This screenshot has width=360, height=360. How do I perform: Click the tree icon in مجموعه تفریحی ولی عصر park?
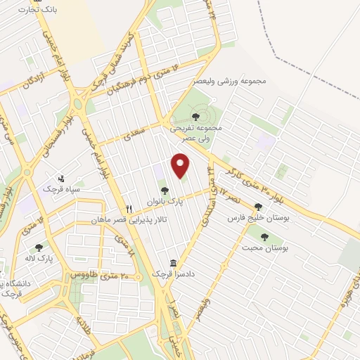pos(196,117)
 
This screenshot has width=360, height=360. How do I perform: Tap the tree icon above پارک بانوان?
pos(164,191)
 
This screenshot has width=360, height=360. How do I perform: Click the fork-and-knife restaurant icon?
pos(129,209)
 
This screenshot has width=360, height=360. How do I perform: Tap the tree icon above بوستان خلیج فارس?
pos(258,207)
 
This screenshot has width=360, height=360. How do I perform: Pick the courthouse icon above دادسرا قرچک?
pos(174,262)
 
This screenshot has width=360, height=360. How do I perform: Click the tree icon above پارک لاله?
pos(39,247)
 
